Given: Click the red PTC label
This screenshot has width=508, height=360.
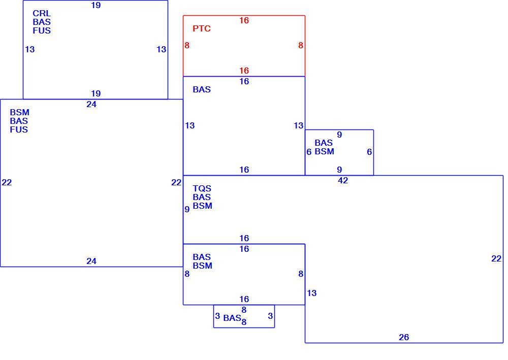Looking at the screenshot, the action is [x=202, y=28].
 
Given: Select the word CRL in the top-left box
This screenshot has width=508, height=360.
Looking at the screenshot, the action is [x=42, y=13].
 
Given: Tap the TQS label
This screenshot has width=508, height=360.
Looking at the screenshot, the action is [x=202, y=188].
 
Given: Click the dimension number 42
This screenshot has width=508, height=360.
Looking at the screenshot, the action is [x=343, y=180].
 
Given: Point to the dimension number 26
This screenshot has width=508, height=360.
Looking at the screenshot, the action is [x=404, y=337].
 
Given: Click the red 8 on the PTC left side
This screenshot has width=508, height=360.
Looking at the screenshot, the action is [x=187, y=45].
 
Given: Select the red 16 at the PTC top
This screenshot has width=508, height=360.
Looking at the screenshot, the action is [x=244, y=20].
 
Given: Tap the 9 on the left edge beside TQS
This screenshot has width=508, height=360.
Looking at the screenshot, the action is [x=187, y=209].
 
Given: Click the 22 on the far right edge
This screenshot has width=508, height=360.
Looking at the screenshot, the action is [x=496, y=258].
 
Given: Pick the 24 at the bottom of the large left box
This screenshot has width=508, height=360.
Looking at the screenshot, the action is [x=91, y=261].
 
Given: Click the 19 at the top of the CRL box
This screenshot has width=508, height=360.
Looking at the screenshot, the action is [x=96, y=5].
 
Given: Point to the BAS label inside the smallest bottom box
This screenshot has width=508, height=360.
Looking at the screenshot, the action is [x=232, y=318].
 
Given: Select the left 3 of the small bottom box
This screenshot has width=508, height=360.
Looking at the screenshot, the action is [x=217, y=316].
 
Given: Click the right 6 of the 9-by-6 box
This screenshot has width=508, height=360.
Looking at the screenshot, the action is [x=369, y=152].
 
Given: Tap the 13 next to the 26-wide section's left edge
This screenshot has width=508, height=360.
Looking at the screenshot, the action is [x=312, y=293].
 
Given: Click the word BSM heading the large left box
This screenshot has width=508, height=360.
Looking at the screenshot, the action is [x=19, y=112].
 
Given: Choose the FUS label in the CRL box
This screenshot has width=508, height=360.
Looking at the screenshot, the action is [x=42, y=30].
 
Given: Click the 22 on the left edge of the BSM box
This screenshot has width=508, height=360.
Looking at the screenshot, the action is [x=7, y=183].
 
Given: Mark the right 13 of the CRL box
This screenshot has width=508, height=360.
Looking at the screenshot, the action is [x=162, y=49].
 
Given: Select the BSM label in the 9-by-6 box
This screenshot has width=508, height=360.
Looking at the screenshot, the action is [x=324, y=151].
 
